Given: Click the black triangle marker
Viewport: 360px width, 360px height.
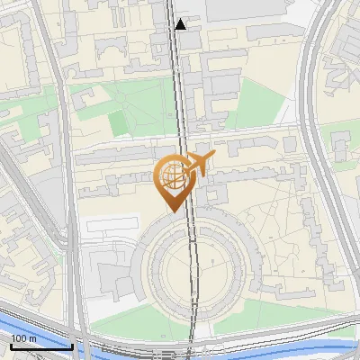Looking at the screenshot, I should pos(182,23).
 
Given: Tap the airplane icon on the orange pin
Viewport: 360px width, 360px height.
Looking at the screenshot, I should pos(198,165).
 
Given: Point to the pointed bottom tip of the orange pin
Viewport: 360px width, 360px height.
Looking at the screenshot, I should pos(172,211).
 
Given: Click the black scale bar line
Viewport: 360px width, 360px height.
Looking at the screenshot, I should pos(40,346).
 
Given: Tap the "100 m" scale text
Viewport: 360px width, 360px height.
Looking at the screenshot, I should pos(24,337).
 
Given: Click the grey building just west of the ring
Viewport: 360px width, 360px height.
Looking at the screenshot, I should pos(117,279).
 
